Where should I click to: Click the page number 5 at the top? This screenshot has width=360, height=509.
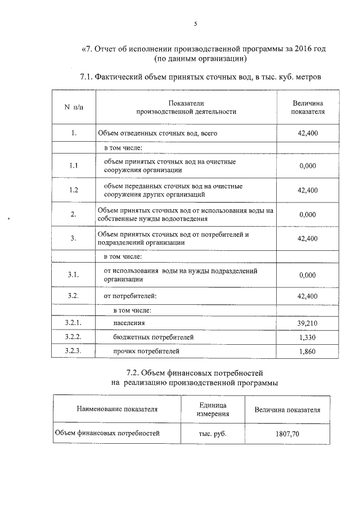point(196,24)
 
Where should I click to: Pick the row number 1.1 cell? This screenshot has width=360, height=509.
point(73,166)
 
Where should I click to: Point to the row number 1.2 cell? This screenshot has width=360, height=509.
point(73,190)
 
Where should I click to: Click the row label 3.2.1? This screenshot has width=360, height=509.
point(73,323)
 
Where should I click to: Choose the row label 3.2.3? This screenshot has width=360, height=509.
point(73,352)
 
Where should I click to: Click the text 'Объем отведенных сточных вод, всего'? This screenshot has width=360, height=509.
point(157,134)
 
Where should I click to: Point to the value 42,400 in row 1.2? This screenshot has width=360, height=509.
point(308,190)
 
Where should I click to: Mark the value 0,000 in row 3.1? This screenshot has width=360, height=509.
point(308,275)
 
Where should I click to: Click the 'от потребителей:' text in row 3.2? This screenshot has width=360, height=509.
point(130,296)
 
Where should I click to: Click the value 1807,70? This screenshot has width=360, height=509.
point(287,434)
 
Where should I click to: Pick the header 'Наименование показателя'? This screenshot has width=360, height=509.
point(117,409)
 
